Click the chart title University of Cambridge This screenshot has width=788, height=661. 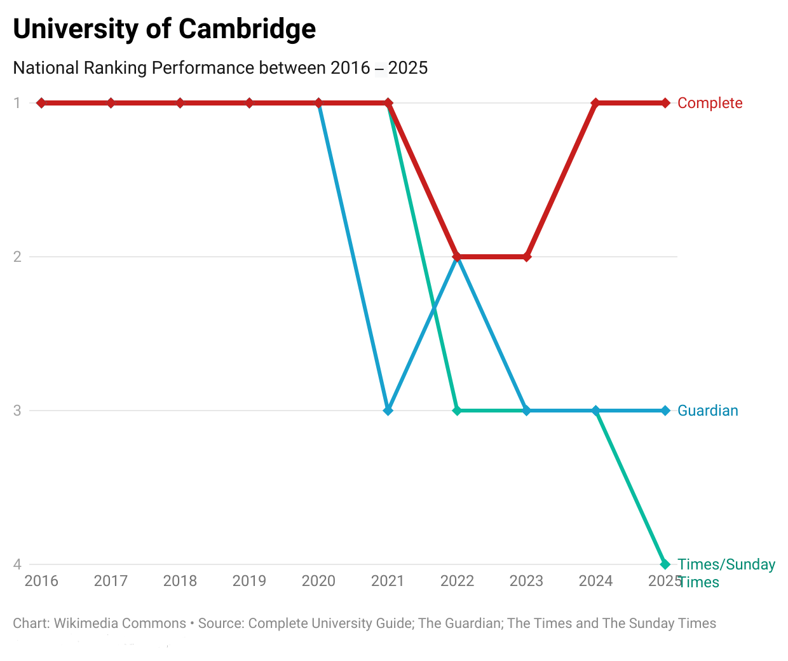pos(164,29)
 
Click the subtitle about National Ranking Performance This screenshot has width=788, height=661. pos(220,68)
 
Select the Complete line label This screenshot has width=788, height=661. pos(709,103)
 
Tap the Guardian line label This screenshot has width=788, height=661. pos(707,411)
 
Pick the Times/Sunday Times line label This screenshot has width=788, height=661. pos(726,573)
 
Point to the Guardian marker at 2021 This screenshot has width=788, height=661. pos(388,411)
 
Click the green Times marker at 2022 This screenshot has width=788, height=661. pos(457,411)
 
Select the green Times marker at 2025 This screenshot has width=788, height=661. pos(665,564)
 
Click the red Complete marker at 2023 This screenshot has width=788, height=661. pos(527,257)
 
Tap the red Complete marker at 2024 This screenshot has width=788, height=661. pos(595,103)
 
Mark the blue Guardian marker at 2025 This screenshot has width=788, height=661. pos(665,411)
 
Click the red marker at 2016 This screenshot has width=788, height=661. pos(41,103)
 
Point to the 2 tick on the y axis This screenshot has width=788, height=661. pos(17,257)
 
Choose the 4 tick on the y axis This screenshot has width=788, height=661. pos(17,564)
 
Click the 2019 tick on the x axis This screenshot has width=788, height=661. pos(249,581)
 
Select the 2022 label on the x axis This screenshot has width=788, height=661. pos(457,581)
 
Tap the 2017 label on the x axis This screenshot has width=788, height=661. pos(111,581)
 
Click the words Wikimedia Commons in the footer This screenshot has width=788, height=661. pos(119,624)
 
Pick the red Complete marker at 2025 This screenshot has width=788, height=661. pos(665,103)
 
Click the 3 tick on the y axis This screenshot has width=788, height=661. pos(17,411)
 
